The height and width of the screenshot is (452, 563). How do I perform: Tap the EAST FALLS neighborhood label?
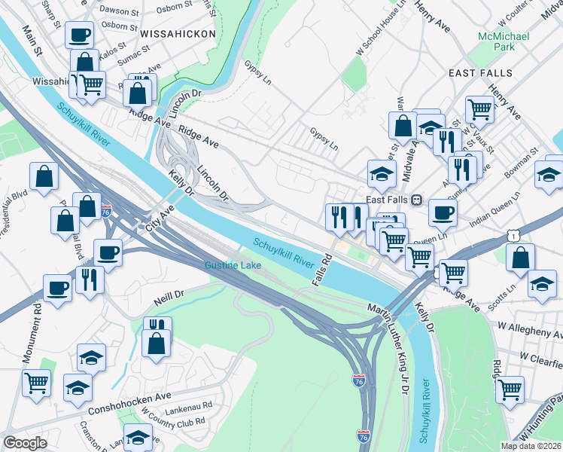tap(480, 73)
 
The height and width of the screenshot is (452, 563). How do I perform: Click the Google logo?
tap(25, 443)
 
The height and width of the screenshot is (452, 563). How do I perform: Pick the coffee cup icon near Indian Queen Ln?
tap(443, 212)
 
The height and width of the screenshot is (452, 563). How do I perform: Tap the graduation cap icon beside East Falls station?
tap(382, 173)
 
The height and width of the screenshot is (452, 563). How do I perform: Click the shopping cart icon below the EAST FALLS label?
tap(479, 109)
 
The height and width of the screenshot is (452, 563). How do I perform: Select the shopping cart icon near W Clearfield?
tap(510, 389)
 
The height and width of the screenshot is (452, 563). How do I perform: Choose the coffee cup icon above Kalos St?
tap(79, 34)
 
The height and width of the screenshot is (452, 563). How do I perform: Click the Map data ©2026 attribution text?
tap(531, 446)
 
